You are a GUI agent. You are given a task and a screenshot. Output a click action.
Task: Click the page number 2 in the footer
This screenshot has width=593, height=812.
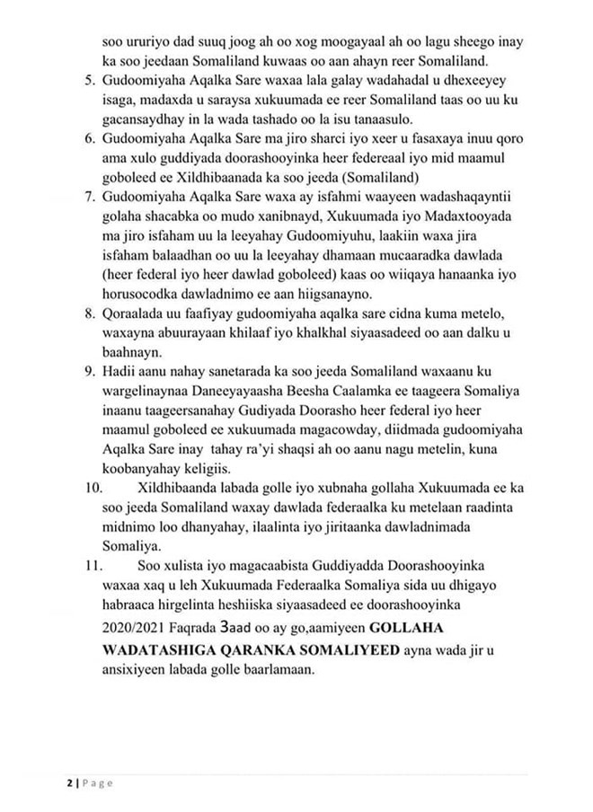click(68, 783)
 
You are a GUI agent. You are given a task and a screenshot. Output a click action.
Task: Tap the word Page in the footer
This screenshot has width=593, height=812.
click(97, 783)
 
